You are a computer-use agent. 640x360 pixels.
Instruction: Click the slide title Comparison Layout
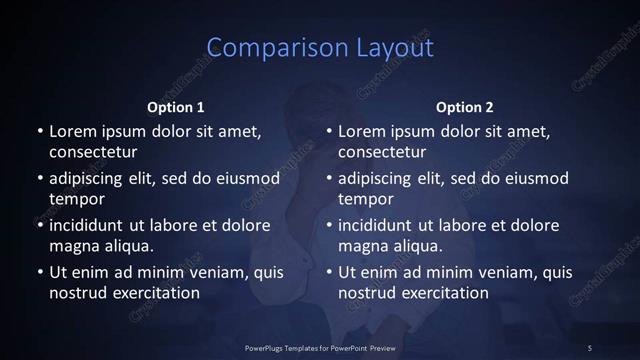coord(320,48)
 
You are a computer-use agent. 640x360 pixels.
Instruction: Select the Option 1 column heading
coord(176,107)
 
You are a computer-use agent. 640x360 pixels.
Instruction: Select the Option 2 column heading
coord(465,107)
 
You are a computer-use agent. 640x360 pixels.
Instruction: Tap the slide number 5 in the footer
coord(590,347)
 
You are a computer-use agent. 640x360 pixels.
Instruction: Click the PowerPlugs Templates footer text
coord(320,347)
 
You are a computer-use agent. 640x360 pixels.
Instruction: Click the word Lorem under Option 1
coord(73,131)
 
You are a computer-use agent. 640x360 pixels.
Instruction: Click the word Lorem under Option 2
coord(363,131)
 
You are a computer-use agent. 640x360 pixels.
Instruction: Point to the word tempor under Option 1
coord(76,200)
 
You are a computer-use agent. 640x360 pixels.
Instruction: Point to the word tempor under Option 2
coord(366,200)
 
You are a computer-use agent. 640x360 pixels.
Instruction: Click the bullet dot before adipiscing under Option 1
coord(40,179)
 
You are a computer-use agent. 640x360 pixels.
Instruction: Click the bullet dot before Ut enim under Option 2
coord(330,272)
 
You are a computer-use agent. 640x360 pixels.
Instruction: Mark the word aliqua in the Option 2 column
coord(418,246)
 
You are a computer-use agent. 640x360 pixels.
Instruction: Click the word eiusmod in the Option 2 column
coord(535,178)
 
